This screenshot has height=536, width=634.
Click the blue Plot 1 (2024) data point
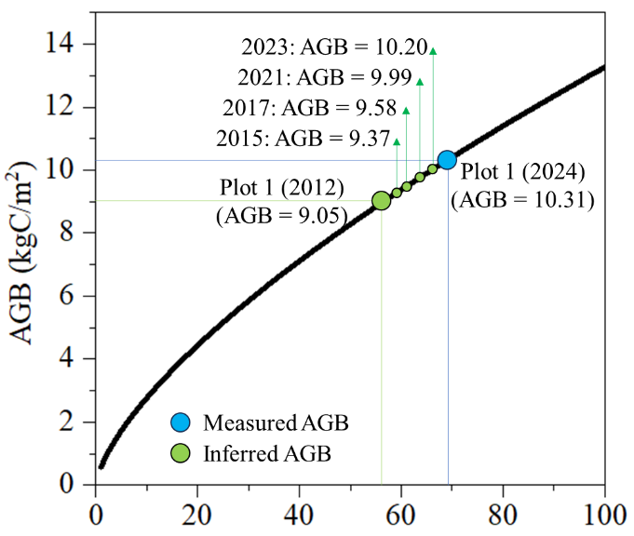coord(447,160)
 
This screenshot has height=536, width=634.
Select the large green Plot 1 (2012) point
coord(381,200)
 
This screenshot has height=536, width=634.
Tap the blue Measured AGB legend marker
coord(181,423)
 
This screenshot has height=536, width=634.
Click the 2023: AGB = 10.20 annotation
coord(333,46)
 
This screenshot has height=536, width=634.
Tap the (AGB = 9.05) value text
coord(282,216)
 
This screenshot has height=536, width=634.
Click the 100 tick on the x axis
coord(604,513)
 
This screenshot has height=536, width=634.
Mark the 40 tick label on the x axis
coord(299,513)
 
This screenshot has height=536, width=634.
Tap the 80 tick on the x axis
coord(503,513)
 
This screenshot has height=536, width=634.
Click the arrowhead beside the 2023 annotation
coord(433,51)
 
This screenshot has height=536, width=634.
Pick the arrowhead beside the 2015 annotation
coord(397,141)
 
